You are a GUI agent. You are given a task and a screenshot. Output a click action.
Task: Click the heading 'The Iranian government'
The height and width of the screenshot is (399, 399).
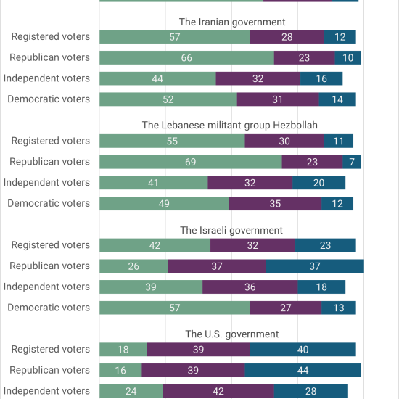tap(232, 22)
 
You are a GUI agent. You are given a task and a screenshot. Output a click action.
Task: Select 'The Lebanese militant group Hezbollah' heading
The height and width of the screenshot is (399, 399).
tap(229, 126)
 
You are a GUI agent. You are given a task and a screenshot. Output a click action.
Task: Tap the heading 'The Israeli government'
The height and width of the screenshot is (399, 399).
tap(231, 230)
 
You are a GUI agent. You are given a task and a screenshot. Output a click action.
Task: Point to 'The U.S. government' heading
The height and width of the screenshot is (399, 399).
tap(232, 334)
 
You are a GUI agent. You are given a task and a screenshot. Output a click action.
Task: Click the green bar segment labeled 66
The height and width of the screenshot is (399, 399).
tap(186, 58)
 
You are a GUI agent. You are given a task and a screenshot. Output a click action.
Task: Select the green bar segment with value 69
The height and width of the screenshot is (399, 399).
tap(191, 162)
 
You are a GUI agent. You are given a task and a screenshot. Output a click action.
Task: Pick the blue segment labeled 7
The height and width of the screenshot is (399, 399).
tap(352, 162)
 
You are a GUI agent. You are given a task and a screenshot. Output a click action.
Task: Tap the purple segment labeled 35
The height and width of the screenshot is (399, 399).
tap(275, 204)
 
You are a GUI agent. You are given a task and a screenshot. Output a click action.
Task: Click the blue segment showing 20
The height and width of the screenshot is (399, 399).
tap(319, 183)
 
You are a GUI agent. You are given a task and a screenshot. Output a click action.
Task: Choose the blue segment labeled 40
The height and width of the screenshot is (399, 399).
tap(303, 350)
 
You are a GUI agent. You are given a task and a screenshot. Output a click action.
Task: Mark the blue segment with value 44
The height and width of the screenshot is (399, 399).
tap(303, 370)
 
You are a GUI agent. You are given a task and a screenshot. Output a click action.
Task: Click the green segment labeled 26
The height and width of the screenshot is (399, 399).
tap(134, 266)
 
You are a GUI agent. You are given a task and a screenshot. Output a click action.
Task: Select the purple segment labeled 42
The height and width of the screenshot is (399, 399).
tap(218, 391)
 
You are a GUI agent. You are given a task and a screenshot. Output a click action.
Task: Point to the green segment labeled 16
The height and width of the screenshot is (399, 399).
tap(120, 370)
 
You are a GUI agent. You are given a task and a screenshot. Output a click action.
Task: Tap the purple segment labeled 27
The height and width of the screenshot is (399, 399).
tap(286, 308)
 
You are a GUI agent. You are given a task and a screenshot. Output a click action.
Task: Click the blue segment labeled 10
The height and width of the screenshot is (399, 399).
tap(347, 58)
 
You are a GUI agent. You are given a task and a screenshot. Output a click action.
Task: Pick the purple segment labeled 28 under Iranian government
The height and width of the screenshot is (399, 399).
tap(287, 37)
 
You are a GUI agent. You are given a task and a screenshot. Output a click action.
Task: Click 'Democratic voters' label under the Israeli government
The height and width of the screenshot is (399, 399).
tap(49, 308)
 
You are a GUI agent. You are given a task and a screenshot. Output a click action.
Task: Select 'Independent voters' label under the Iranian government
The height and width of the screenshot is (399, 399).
tap(46, 78)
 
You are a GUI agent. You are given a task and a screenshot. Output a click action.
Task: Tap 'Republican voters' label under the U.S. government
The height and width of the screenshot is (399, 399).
tap(49, 370)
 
